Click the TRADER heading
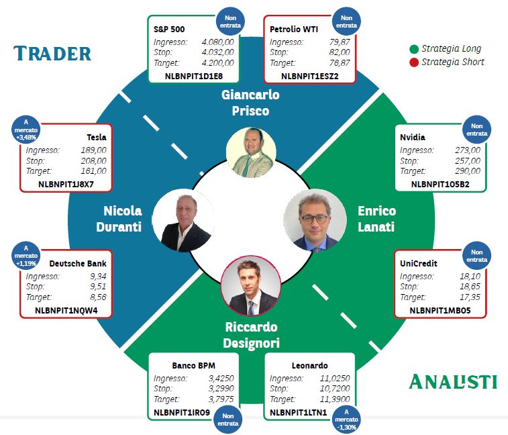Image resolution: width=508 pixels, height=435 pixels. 52,54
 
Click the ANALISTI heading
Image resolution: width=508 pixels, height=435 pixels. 453,381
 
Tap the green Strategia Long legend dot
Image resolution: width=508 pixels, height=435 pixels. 414,49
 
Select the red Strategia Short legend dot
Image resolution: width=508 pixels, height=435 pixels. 414,62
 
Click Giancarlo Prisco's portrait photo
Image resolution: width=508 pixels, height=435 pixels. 251,152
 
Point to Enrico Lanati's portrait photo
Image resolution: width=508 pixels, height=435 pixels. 315,220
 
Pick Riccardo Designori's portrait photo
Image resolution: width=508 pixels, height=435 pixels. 251,285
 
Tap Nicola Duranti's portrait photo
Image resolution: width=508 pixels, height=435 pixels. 184,220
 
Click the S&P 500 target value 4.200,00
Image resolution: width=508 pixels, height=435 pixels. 217,63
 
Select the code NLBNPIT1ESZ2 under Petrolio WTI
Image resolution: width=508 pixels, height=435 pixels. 310,76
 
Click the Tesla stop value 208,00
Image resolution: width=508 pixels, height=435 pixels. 94,160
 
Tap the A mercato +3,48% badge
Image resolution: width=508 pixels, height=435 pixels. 26,130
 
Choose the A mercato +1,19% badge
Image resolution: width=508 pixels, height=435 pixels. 26,255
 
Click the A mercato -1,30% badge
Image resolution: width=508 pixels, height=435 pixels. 346,420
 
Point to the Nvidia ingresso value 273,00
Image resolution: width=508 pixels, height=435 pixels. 468,150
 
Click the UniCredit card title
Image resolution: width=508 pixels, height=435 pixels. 419,264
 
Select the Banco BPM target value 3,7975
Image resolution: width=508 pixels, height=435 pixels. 221,399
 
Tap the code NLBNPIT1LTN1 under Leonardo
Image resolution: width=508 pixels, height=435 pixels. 299,412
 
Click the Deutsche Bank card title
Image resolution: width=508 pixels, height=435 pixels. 78,264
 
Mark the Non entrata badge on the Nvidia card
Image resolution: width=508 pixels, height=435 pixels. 476,130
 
